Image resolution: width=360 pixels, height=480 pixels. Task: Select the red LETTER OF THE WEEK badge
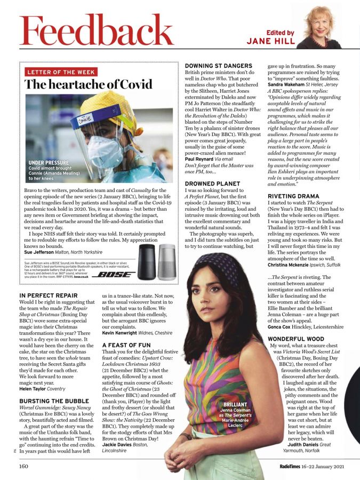point(61,72)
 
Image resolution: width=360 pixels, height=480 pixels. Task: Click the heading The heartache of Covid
point(89,84)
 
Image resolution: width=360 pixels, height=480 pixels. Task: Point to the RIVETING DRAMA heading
point(294,196)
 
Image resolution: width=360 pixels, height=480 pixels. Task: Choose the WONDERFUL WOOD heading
point(296,339)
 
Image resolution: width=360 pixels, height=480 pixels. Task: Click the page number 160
point(24,466)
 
